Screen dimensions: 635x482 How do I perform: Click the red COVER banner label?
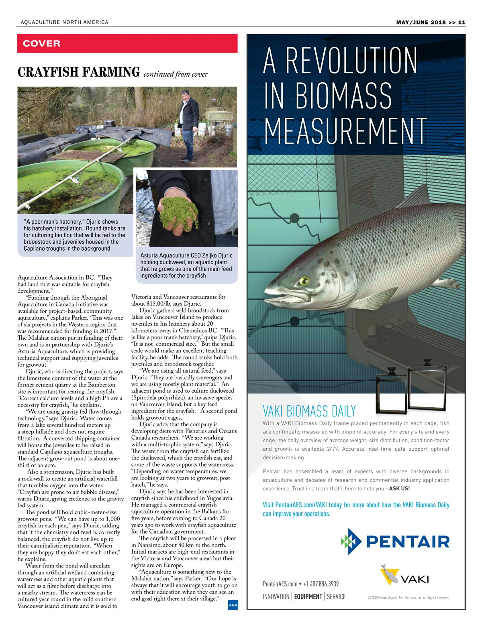click(42, 43)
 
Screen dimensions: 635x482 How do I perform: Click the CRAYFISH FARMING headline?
click(79, 72)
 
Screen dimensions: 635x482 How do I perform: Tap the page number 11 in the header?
click(462, 22)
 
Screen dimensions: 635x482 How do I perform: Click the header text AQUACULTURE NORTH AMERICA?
click(64, 22)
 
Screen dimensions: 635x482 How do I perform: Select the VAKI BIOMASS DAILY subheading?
click(309, 411)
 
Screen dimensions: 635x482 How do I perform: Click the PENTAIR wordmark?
click(408, 542)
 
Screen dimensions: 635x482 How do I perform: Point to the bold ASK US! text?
click(399, 489)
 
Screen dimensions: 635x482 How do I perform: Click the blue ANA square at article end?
click(233, 605)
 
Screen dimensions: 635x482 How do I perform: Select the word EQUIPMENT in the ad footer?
click(308, 597)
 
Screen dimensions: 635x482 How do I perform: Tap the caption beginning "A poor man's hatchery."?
click(74, 235)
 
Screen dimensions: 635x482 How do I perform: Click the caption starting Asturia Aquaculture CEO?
click(186, 265)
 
